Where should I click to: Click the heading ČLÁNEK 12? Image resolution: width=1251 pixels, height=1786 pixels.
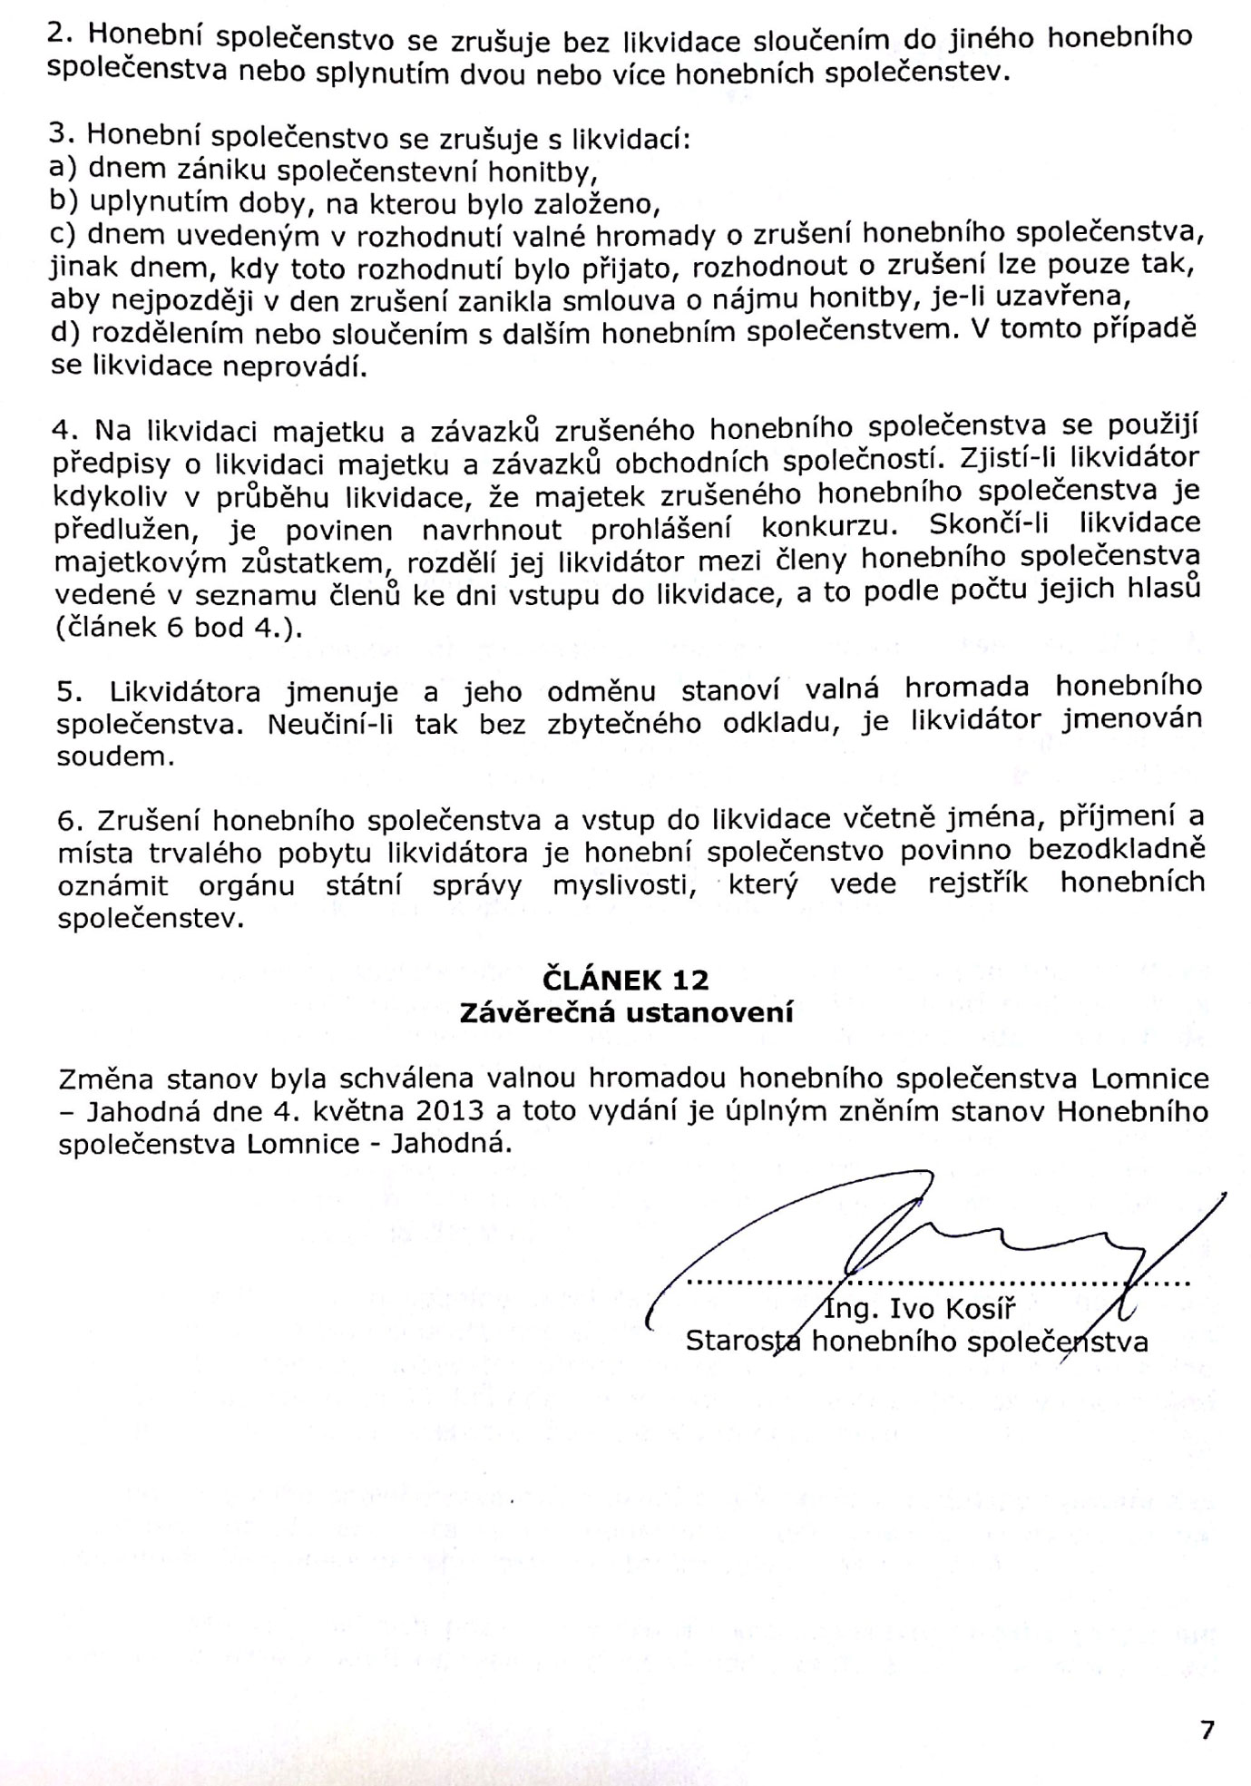(x=626, y=980)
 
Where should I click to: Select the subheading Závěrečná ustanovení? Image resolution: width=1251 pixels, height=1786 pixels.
(x=626, y=1011)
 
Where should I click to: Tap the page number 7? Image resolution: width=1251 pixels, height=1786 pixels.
(x=1207, y=1731)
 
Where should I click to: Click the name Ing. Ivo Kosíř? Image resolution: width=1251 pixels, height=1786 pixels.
(x=916, y=1310)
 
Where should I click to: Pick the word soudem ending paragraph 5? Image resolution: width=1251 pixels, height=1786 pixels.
(x=115, y=756)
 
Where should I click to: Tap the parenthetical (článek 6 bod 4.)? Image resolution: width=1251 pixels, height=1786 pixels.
(x=178, y=628)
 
